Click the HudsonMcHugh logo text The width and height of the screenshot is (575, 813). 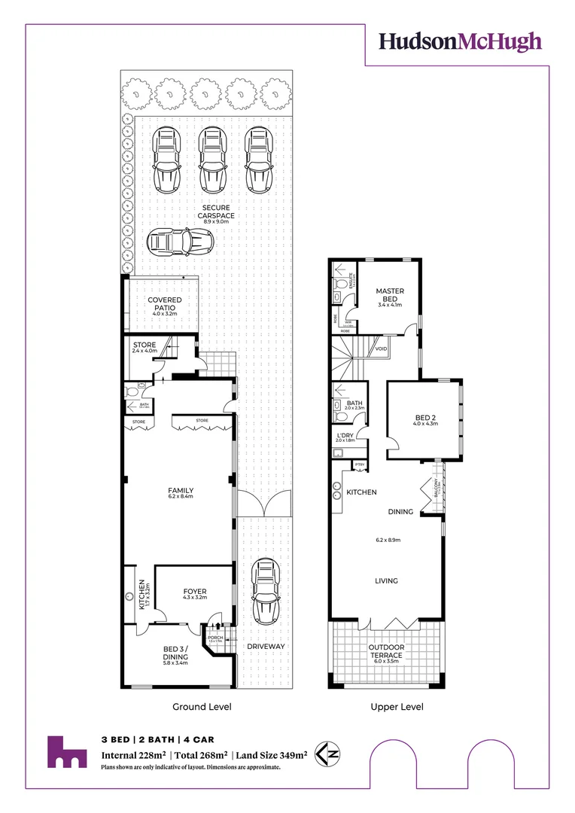point(460,41)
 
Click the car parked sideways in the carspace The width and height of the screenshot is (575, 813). point(180,242)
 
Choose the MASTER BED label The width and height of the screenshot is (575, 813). point(389,295)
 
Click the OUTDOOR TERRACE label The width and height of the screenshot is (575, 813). point(386,651)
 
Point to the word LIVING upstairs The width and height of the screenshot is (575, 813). point(386,580)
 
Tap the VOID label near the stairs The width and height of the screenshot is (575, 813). point(382,349)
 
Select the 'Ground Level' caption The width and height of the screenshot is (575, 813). point(202,707)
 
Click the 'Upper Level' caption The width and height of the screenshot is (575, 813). point(397,707)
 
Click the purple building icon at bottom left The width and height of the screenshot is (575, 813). point(67,751)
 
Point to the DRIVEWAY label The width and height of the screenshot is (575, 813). point(266,646)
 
